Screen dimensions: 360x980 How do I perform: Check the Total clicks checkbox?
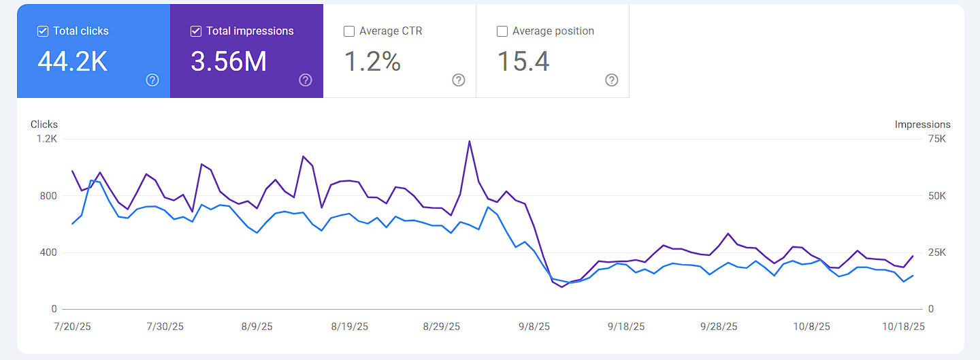(43, 31)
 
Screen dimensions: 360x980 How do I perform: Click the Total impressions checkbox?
(196, 31)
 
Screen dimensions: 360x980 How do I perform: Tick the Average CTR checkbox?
(349, 31)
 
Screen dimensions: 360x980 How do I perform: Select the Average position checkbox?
(502, 31)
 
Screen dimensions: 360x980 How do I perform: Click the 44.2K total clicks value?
(72, 61)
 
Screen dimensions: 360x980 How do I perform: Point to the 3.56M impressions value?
(229, 61)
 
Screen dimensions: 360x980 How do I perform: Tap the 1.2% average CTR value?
(372, 61)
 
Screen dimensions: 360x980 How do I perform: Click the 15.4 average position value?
(523, 61)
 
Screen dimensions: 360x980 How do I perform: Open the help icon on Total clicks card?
(152, 80)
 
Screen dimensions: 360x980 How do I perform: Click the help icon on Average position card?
(612, 80)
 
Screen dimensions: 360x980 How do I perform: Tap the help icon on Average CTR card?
(459, 80)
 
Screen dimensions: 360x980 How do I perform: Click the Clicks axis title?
(44, 125)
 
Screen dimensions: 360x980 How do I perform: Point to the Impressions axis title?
(922, 125)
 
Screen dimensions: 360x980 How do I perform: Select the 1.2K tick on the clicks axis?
(47, 139)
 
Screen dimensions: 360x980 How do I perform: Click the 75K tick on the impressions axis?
(937, 139)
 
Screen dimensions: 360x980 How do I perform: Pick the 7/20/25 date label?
(71, 327)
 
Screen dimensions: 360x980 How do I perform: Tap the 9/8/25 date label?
(534, 327)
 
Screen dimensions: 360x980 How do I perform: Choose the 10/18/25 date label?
(903, 327)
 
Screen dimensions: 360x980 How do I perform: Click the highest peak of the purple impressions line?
(469, 142)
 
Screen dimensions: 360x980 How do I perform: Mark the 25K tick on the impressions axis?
(937, 252)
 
